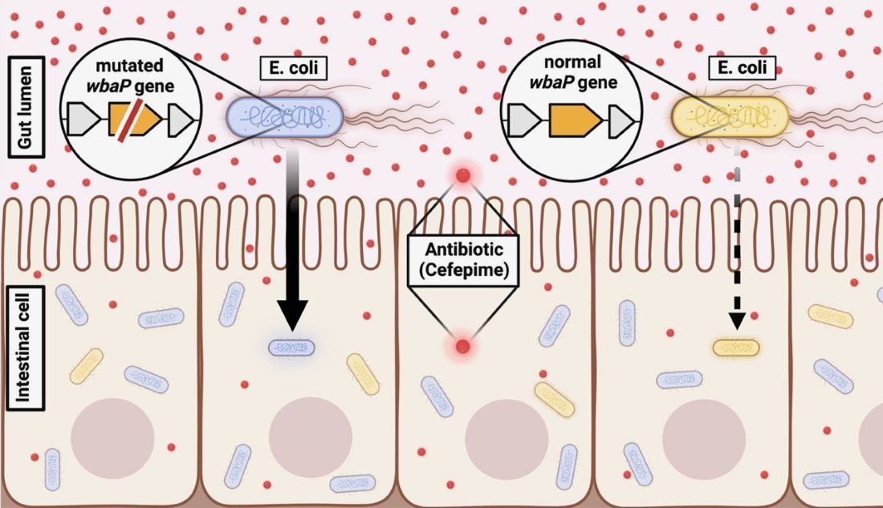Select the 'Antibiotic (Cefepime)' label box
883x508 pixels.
point(460,258)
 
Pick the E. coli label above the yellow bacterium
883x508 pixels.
point(743,67)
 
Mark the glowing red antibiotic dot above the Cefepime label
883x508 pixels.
point(462,177)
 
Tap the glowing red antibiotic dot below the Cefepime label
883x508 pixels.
point(462,347)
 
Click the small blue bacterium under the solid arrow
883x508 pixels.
point(291,347)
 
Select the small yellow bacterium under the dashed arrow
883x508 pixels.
point(735,347)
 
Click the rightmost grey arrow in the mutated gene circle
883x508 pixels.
point(181,120)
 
